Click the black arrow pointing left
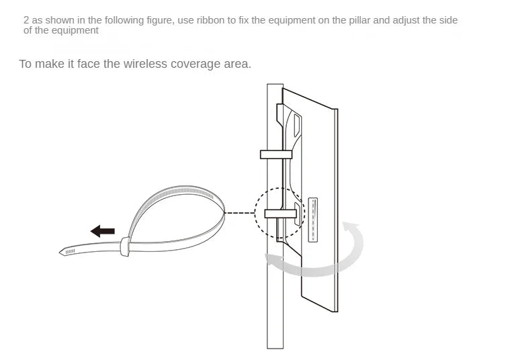tap(102, 231)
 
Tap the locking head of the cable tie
tap(125, 246)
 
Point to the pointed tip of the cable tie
tap(60, 252)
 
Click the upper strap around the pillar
tap(276, 154)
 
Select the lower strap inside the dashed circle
tap(281, 214)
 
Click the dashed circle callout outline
tap(255, 213)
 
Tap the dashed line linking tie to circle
tap(240, 213)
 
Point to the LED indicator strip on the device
tap(313, 220)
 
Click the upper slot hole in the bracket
tap(297, 125)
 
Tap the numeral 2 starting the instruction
tap(26, 20)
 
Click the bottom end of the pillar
tap(275, 348)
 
